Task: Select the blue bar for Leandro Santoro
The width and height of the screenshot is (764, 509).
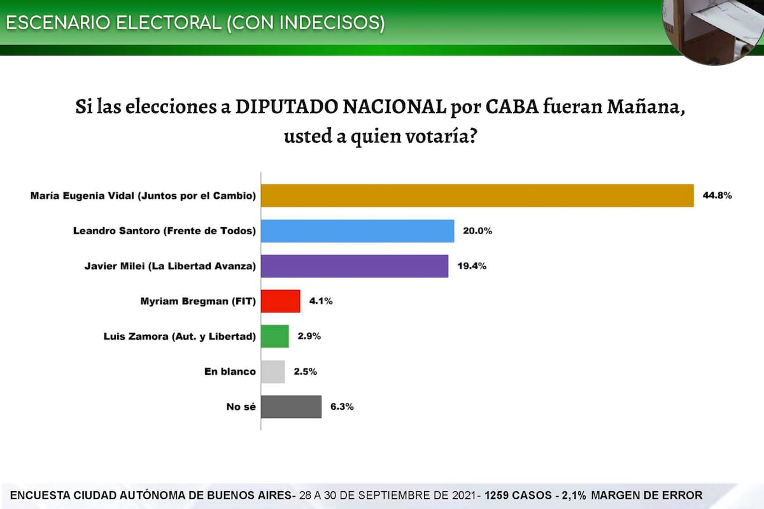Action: (x=358, y=231)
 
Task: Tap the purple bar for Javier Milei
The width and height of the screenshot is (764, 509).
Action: (x=355, y=266)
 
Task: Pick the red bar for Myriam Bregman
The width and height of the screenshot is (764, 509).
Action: (x=281, y=302)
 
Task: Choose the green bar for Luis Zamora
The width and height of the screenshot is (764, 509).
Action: (x=275, y=337)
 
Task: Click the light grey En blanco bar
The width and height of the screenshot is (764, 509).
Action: (x=273, y=372)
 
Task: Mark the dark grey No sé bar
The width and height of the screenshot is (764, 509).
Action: (x=292, y=407)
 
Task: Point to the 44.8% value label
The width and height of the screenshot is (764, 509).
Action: (x=718, y=196)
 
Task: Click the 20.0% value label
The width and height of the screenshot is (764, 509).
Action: (x=478, y=231)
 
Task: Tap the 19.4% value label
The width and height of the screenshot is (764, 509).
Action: (x=472, y=267)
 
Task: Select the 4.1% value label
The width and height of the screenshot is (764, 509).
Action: (x=320, y=302)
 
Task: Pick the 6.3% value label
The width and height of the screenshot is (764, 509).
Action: (x=341, y=407)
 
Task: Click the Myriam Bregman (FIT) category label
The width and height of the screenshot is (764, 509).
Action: (x=198, y=302)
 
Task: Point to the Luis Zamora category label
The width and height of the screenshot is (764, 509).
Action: (x=180, y=337)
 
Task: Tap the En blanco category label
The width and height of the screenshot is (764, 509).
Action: (x=230, y=372)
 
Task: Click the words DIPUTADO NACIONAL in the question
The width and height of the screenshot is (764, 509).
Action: (x=341, y=106)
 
